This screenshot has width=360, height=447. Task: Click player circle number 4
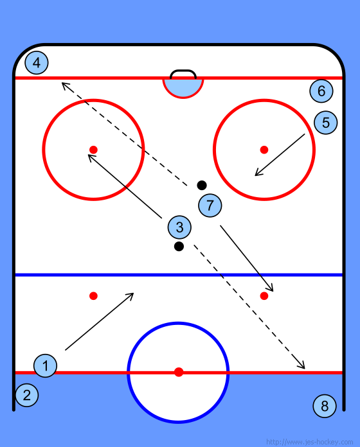(37, 63)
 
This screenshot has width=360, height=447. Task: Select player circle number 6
(321, 91)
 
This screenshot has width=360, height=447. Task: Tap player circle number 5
(326, 123)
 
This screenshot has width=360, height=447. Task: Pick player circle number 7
(210, 206)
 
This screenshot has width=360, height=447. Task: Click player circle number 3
(179, 227)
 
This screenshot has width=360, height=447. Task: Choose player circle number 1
(46, 365)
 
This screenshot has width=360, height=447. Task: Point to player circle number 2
(27, 395)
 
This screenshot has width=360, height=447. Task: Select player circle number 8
(325, 406)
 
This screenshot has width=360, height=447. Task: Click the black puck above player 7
(202, 186)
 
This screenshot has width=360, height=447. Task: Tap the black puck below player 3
(179, 247)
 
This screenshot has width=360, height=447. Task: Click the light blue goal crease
(183, 87)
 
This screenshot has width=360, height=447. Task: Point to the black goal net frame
(183, 71)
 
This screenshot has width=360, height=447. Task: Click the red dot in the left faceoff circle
(94, 150)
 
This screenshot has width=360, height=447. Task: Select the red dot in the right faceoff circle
(264, 150)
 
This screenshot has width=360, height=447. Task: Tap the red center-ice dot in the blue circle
(179, 372)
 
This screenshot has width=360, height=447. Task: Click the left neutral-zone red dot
(94, 296)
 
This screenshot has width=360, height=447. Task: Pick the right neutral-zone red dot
(264, 296)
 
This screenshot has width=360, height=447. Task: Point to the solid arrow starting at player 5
(280, 155)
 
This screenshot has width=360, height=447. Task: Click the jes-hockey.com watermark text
(309, 442)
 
